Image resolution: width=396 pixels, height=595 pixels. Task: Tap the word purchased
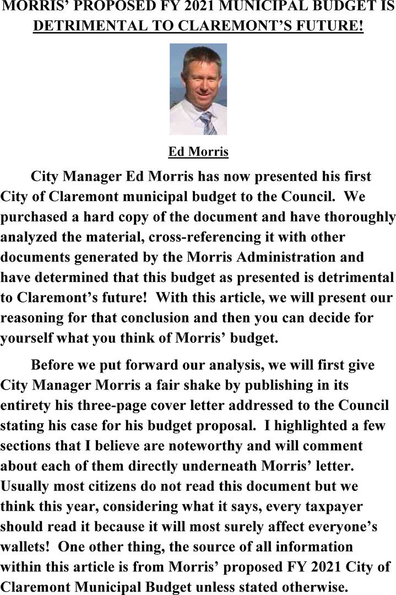click(x=39, y=217)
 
